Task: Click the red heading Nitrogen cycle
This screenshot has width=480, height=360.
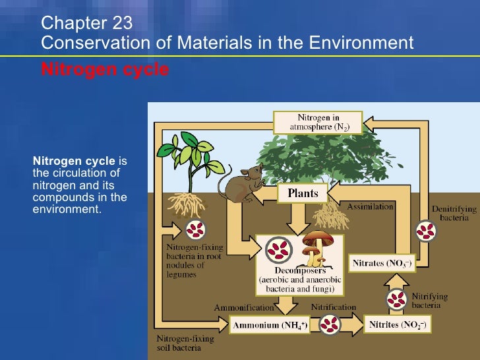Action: click(x=105, y=69)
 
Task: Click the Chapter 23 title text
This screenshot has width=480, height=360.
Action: click(x=86, y=24)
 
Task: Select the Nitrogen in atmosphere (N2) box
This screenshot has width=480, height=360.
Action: click(x=318, y=123)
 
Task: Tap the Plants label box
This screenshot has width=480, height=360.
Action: click(x=303, y=193)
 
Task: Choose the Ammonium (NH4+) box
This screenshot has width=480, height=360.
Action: click(x=268, y=325)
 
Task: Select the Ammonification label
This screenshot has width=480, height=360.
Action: click(x=243, y=308)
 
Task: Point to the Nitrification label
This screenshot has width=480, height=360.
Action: click(x=333, y=308)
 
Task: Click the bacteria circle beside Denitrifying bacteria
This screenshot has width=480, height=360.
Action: click(x=427, y=231)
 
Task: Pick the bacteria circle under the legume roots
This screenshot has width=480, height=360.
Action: click(x=195, y=229)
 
